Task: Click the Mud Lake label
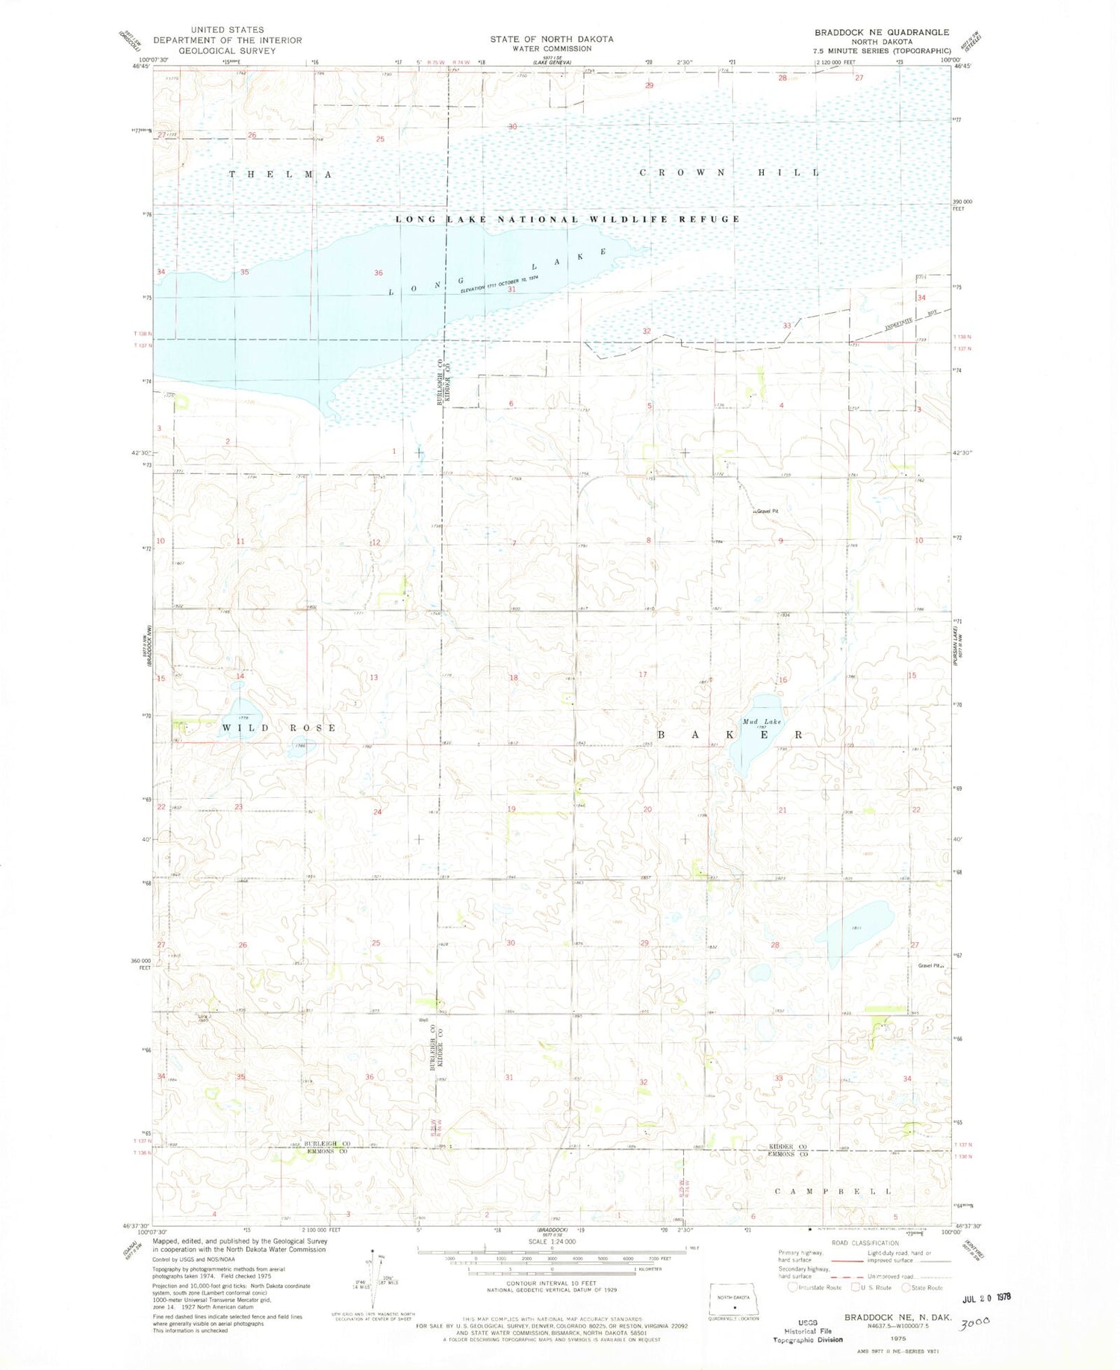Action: click(x=762, y=721)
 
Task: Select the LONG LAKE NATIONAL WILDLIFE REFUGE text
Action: click(x=567, y=219)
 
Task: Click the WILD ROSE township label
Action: click(x=279, y=727)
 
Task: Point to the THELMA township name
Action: click(x=281, y=174)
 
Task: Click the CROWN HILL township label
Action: click(x=729, y=172)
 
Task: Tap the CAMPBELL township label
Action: click(x=833, y=1191)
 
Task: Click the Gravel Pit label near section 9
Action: click(x=767, y=511)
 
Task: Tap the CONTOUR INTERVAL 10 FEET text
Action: click(x=552, y=1283)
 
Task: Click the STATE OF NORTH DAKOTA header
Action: click(x=552, y=39)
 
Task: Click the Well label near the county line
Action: click(x=423, y=1020)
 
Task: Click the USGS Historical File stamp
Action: click(x=807, y=1330)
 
